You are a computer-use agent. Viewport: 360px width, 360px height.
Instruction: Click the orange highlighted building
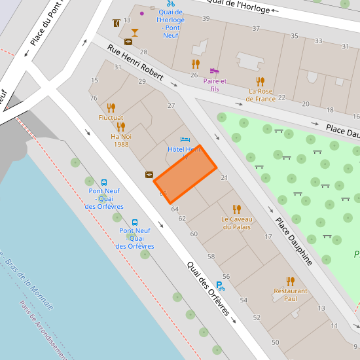185,175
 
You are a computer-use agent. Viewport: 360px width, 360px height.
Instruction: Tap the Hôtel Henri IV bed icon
185,140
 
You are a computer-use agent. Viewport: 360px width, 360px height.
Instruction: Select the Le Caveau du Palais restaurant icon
237,209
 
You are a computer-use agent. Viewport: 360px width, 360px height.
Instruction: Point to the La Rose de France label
261,95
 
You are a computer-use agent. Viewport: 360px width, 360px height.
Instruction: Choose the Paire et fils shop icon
214,71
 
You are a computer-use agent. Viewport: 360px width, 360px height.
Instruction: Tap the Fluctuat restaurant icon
111,107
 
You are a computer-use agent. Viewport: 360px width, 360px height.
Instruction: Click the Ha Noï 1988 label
121,140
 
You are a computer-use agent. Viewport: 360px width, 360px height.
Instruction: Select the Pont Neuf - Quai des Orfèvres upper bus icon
104,183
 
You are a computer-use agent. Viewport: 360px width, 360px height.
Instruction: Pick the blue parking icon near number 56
221,285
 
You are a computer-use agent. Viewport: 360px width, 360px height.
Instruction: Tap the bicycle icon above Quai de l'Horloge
170,3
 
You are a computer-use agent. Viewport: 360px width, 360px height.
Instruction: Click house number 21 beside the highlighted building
224,177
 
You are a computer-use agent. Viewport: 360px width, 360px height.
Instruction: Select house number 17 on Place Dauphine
268,236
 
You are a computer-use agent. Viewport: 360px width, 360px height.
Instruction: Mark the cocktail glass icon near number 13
135,32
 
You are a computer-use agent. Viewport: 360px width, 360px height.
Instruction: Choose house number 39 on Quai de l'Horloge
206,18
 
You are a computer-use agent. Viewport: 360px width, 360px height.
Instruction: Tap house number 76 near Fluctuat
94,98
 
